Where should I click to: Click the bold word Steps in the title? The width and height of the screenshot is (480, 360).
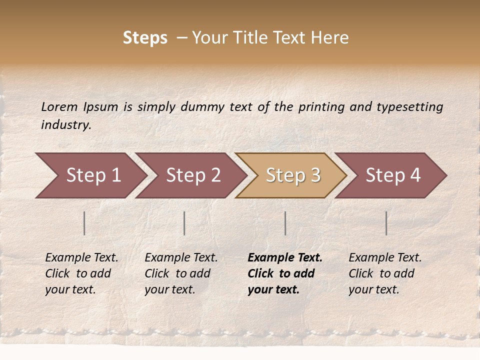click(145, 38)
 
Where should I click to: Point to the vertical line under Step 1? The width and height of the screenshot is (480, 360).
click(84, 223)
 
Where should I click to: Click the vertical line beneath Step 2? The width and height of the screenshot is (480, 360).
click(184, 223)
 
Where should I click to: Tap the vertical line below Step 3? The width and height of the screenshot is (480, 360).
click(285, 223)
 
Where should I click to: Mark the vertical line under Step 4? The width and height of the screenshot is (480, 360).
click(386, 223)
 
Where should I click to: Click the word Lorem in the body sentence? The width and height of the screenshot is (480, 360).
click(59, 106)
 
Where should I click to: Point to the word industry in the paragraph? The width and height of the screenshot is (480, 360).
click(66, 124)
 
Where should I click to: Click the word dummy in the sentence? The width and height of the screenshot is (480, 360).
click(202, 106)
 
